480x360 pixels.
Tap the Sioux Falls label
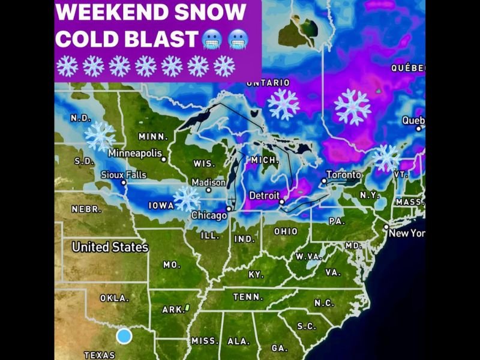(123, 175)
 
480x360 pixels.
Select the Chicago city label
(208, 215)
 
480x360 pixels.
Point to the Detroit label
(264, 196)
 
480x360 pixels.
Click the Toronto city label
(344, 175)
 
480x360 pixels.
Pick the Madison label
(208, 182)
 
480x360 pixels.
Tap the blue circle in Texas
(124, 336)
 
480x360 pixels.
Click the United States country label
(110, 247)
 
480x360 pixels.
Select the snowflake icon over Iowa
(187, 199)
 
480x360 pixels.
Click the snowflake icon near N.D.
(100, 136)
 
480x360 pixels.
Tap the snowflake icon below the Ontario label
(283, 104)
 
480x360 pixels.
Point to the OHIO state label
(286, 232)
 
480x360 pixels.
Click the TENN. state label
(248, 297)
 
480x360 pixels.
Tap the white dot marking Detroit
(281, 202)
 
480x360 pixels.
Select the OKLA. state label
(114, 298)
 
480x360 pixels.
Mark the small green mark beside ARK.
(187, 308)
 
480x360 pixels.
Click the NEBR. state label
(86, 210)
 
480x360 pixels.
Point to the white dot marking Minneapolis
(163, 159)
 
